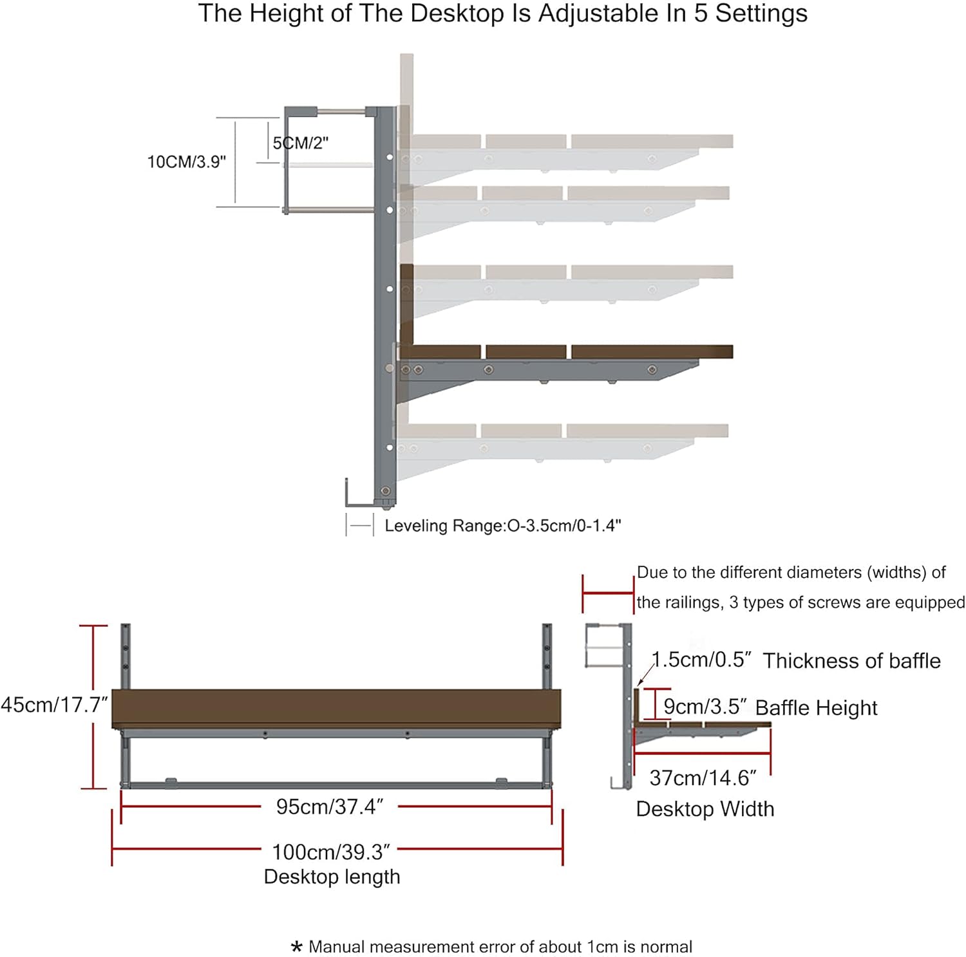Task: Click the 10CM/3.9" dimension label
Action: point(187,162)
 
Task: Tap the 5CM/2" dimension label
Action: point(301,143)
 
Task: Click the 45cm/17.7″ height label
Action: point(54,705)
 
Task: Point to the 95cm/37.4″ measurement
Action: point(330,806)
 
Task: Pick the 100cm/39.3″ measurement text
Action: point(331,852)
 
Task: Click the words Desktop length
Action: point(332,877)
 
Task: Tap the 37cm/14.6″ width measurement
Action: point(703,778)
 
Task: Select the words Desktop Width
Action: point(705,809)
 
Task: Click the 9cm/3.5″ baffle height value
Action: point(705,707)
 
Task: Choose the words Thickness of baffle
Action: point(851,661)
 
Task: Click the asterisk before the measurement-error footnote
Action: point(297,947)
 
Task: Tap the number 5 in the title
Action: point(701,14)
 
